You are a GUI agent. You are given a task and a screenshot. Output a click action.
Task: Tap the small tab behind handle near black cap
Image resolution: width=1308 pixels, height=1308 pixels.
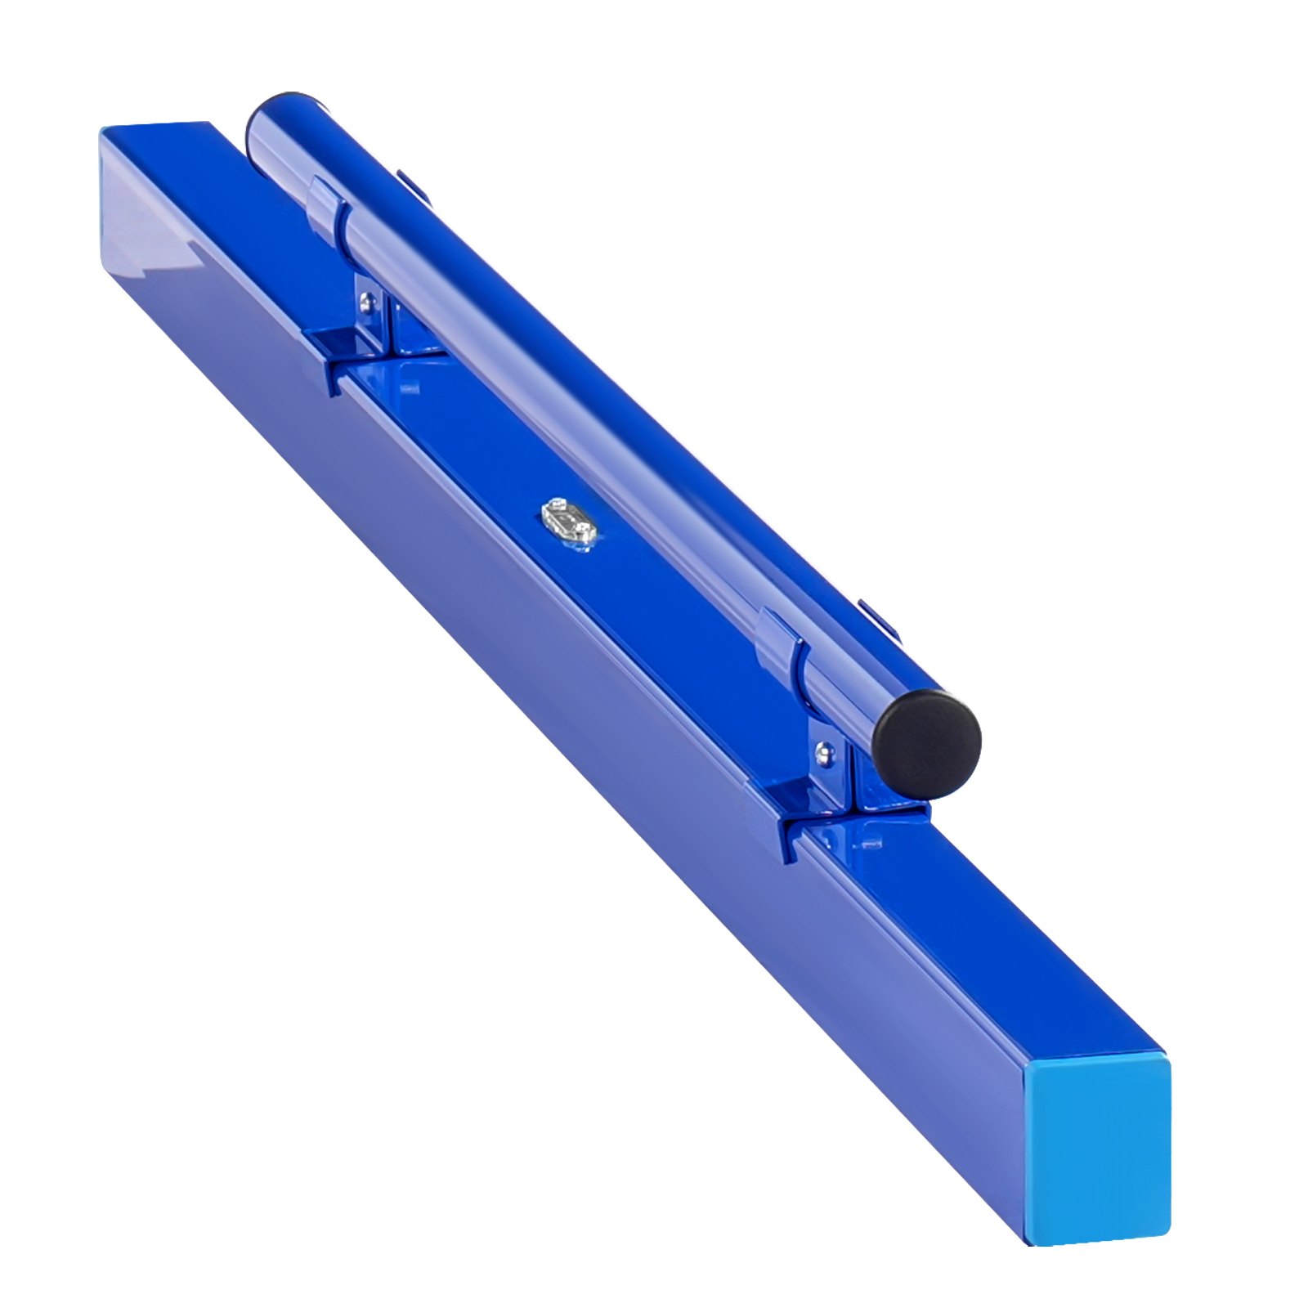click(x=878, y=618)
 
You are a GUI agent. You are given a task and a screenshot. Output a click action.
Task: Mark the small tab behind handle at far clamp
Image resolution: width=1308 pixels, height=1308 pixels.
click(x=414, y=185)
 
